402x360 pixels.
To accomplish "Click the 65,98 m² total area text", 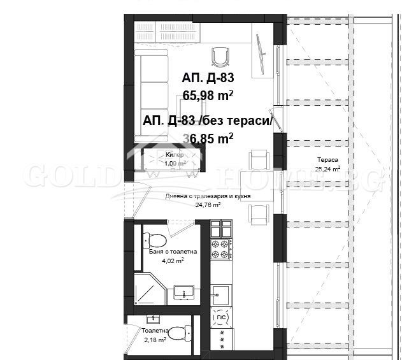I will pyautogui.click(x=208, y=96).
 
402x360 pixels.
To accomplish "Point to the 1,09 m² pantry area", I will pyautogui.click(x=175, y=164).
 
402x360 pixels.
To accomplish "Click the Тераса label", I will pyautogui.click(x=327, y=160).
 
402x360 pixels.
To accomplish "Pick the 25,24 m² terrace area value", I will pyautogui.click(x=327, y=169).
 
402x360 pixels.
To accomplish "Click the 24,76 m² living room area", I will pyautogui.click(x=207, y=205).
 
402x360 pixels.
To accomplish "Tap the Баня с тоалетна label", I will pyautogui.click(x=173, y=252).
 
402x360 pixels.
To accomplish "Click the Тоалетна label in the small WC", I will pyautogui.click(x=155, y=331).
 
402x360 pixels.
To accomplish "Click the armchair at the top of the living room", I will pyautogui.click(x=221, y=57).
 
